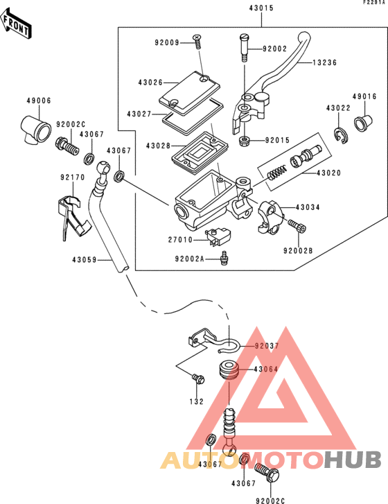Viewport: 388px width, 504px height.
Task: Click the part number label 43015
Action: click(261, 8)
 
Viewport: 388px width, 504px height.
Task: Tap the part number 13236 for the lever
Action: click(324, 62)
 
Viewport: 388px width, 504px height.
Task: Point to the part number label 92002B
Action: click(298, 250)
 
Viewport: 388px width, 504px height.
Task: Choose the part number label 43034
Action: click(308, 207)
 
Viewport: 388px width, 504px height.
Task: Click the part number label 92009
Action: click(167, 42)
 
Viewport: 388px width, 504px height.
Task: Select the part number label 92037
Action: click(266, 345)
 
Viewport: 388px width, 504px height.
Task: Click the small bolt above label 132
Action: click(198, 379)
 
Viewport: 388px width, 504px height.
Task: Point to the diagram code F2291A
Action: click(373, 3)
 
